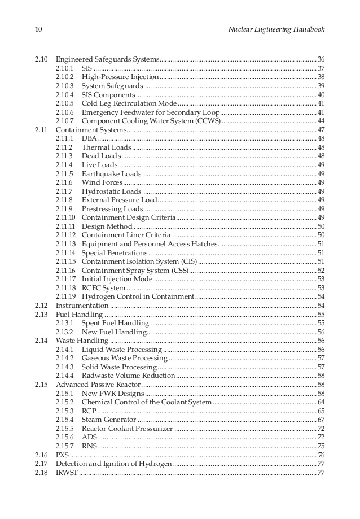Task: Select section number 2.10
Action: [x=41, y=59]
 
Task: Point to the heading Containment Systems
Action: [x=91, y=130]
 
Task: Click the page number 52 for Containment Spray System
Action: [x=321, y=271]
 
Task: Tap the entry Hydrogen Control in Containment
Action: [x=138, y=296]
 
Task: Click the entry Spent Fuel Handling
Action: [x=115, y=323]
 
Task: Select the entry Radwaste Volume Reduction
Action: [x=128, y=376]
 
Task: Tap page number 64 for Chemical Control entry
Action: [x=321, y=402]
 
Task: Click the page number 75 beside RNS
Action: [x=321, y=446]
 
